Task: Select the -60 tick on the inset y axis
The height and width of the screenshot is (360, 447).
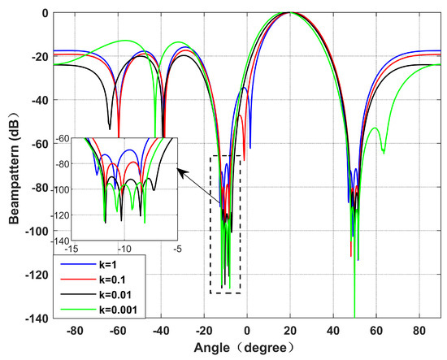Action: coord(63,141)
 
